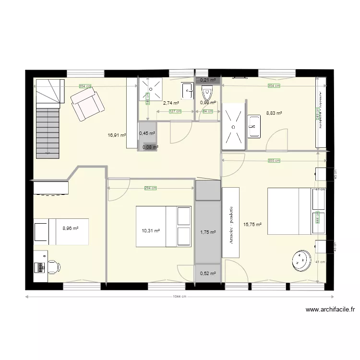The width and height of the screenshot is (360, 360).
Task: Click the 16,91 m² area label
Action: tap(117, 135)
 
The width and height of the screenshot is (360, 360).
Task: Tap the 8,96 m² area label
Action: tap(71, 228)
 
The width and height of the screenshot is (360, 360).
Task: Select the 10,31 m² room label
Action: tap(151, 230)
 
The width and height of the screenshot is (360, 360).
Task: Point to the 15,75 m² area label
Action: tap(252, 224)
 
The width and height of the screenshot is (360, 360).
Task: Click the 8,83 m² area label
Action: tap(274, 113)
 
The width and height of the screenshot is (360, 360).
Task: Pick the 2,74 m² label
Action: tap(171, 103)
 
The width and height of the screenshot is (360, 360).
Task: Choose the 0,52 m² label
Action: tap(208, 274)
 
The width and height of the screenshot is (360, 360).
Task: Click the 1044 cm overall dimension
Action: tap(179, 296)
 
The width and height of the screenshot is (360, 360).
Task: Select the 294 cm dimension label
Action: tap(150, 188)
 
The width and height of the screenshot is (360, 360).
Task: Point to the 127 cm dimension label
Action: tap(175, 112)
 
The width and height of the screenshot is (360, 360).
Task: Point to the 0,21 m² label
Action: tap(208, 80)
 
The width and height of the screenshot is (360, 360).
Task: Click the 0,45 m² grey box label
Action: tap(147, 133)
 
